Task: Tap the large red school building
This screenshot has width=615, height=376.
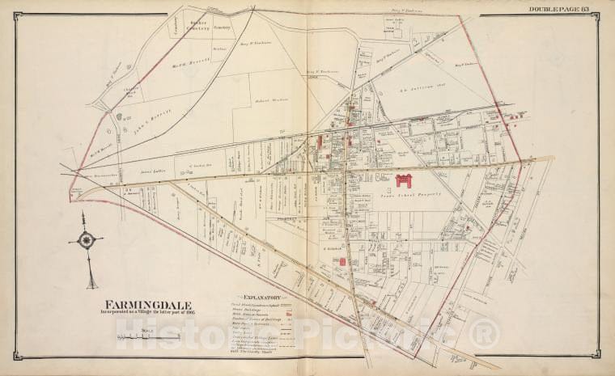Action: [403, 180]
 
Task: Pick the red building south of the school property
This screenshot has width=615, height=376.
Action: [343, 262]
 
